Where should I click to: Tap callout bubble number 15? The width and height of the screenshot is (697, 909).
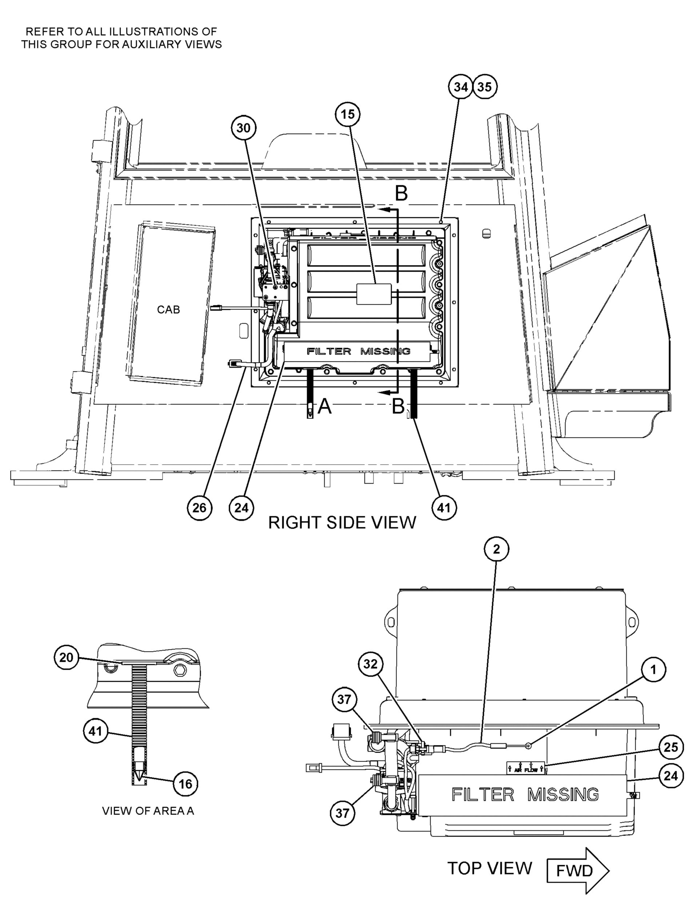coord(348,114)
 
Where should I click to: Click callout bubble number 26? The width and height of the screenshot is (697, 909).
coord(200,507)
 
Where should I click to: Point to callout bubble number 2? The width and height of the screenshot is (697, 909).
coord(496,549)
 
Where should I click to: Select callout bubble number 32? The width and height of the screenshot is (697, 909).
coord(370,664)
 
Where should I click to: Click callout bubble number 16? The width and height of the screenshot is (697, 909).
coord(185,783)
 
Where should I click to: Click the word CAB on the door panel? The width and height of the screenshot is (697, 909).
coord(168,309)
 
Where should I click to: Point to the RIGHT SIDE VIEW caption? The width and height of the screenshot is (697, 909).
coord(342,522)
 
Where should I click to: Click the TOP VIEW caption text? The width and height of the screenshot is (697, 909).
coord(489,868)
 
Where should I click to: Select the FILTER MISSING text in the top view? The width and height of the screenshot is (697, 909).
coord(525,794)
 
